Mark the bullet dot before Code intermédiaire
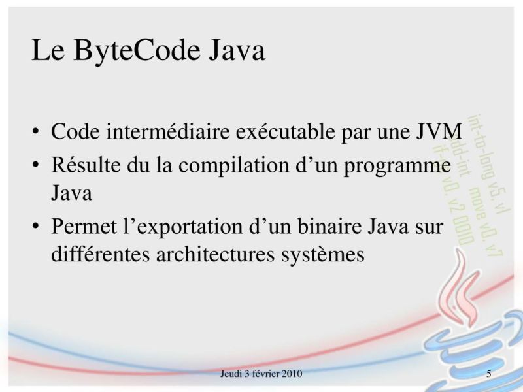coord(35,131)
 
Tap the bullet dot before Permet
coord(35,227)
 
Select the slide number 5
coord(489,374)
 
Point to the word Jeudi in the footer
coord(231,374)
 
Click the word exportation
coord(200,228)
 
